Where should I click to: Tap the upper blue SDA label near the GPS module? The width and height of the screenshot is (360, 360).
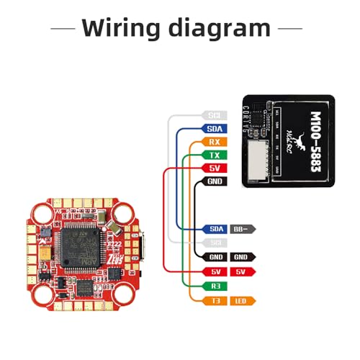tap(214, 129)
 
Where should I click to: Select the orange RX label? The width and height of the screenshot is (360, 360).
tap(214, 142)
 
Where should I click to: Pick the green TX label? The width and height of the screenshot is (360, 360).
tap(214, 156)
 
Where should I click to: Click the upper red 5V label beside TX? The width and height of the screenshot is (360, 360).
tap(214, 168)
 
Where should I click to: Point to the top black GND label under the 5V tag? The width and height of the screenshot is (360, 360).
tap(214, 182)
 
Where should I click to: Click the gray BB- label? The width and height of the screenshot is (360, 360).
tap(241, 229)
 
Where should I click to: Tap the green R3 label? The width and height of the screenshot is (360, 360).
tap(214, 286)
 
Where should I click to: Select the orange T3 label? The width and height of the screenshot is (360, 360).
tap(214, 300)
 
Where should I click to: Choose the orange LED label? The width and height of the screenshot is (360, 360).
tap(241, 300)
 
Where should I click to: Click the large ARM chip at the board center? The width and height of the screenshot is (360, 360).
tap(79, 245)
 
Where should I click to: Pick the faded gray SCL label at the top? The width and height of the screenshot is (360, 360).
tap(214, 115)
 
